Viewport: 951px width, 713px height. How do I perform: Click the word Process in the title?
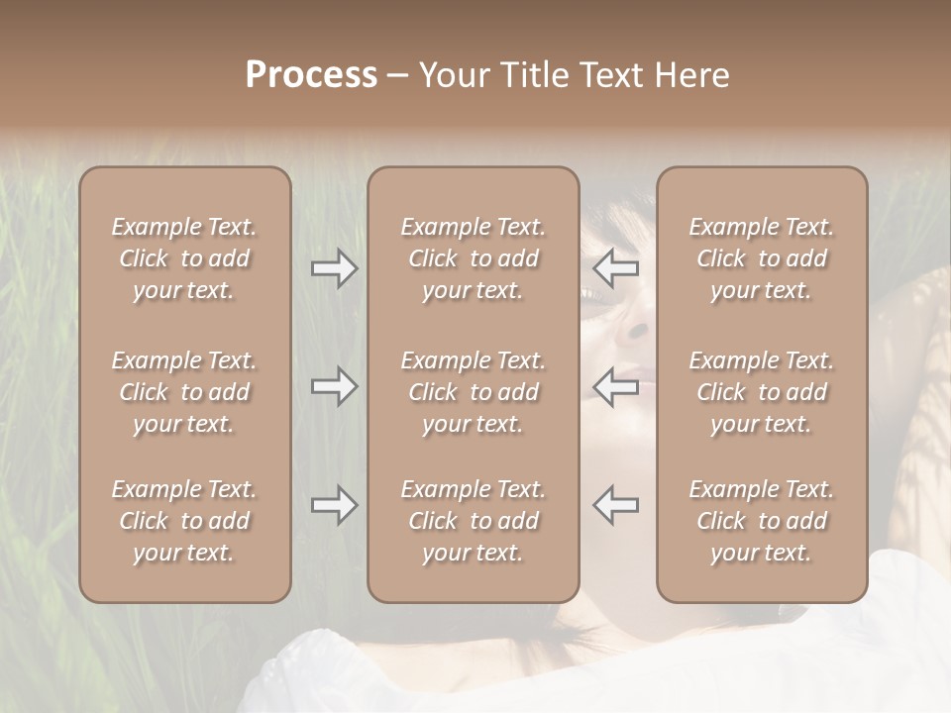(311, 75)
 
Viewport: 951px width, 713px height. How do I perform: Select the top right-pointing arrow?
(334, 268)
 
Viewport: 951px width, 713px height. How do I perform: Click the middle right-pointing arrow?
(334, 386)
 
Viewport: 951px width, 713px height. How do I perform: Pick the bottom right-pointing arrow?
(334, 505)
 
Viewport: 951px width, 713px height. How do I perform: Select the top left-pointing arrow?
(616, 268)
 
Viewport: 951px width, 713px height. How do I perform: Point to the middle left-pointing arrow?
(616, 386)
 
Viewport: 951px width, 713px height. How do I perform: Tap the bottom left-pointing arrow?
(616, 505)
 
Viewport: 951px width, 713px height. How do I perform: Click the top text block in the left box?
(184, 258)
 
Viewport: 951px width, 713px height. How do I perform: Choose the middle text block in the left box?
(184, 392)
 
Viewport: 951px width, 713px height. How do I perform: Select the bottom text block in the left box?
(184, 521)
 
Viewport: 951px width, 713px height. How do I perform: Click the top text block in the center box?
(473, 258)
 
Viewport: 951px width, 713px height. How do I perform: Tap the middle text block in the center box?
(473, 392)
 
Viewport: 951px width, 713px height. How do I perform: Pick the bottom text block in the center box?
(473, 521)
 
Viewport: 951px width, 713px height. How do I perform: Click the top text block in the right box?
(762, 258)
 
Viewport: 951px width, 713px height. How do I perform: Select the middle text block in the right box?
(762, 392)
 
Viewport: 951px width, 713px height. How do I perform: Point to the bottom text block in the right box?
(762, 521)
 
